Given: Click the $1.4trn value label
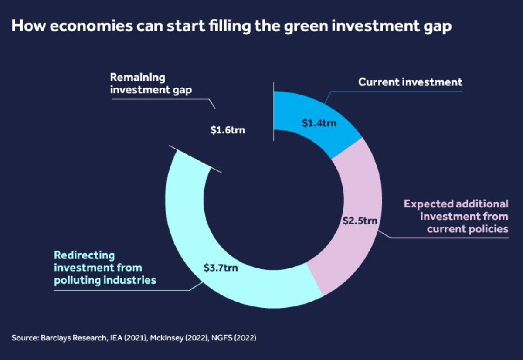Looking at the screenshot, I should coord(320,123).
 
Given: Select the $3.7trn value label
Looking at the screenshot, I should coord(221,268).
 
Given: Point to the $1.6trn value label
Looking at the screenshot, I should coord(227,130).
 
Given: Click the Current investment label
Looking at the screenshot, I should coord(410,82).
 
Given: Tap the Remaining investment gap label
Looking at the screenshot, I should coord(138,83).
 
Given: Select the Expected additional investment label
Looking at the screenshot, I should coord(456,216).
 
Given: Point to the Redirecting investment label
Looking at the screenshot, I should coord(105,267).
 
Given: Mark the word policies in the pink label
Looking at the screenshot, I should coord(488,229).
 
